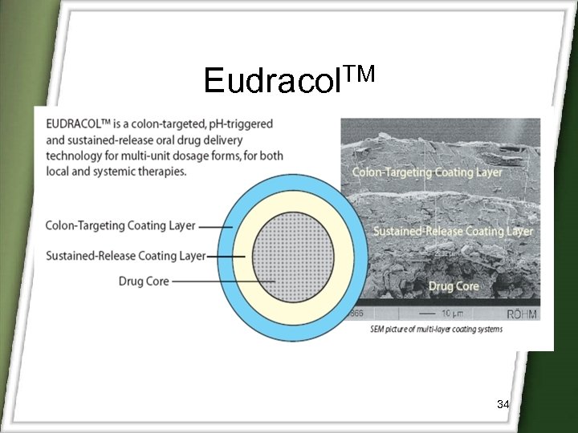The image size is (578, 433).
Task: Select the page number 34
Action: [503, 404]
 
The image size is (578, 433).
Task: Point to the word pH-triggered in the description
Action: [238, 123]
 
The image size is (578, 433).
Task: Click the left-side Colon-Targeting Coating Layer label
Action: [120, 226]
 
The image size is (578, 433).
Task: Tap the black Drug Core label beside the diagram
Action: [143, 281]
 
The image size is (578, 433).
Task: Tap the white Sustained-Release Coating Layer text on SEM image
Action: [453, 232]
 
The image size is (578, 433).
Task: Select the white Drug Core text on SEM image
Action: [454, 285]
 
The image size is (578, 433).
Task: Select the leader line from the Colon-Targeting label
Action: [215, 227]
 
